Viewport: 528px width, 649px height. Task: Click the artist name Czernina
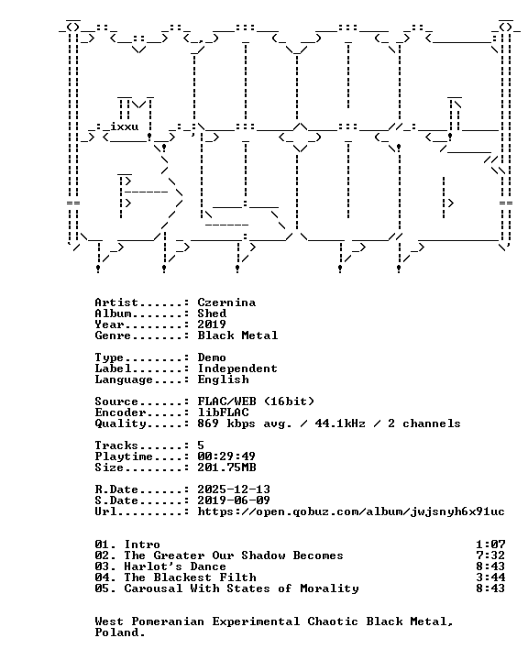pyautogui.click(x=226, y=302)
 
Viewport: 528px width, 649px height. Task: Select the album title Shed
pyautogui.click(x=212, y=313)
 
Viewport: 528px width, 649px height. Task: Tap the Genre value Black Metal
pyautogui.click(x=237, y=335)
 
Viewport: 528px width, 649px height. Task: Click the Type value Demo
pyautogui.click(x=212, y=357)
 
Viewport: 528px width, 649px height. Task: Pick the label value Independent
pyautogui.click(x=237, y=368)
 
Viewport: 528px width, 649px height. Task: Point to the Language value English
pyautogui.click(x=223, y=379)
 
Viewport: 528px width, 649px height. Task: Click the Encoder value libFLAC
pyautogui.click(x=223, y=412)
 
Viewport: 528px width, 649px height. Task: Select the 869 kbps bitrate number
pyautogui.click(x=208, y=423)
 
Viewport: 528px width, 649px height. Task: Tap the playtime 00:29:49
pyautogui.click(x=226, y=456)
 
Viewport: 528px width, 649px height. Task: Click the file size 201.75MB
pyautogui.click(x=226, y=467)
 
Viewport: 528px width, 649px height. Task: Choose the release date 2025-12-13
pyautogui.click(x=234, y=489)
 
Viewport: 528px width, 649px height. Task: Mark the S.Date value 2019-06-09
pyautogui.click(x=234, y=500)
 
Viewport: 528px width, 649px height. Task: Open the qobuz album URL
pyautogui.click(x=351, y=512)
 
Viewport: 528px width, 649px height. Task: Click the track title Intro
pyautogui.click(x=142, y=544)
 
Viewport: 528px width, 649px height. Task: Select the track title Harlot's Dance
pyautogui.click(x=175, y=566)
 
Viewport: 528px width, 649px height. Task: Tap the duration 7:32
pyautogui.click(x=490, y=555)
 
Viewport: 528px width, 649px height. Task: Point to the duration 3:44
pyautogui.click(x=490, y=577)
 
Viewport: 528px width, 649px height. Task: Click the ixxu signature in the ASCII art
pyautogui.click(x=124, y=126)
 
